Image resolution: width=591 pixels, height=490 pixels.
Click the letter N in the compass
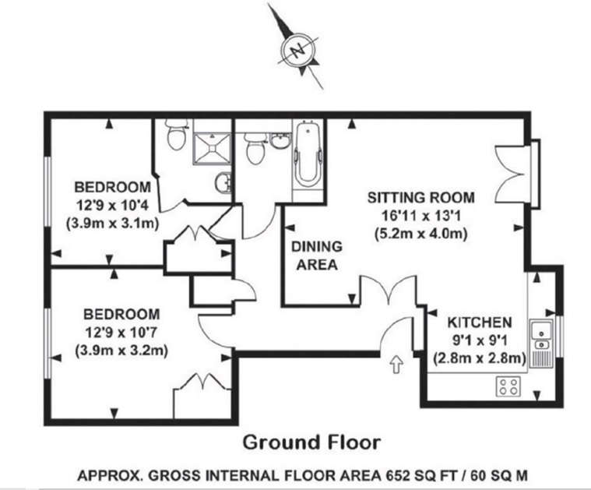(x=298, y=50)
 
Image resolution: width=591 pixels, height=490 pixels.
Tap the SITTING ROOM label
(x=421, y=198)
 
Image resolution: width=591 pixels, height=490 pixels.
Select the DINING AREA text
(x=317, y=256)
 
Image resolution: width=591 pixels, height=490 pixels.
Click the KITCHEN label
(x=480, y=323)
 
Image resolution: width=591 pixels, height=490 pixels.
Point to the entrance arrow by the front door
(x=396, y=365)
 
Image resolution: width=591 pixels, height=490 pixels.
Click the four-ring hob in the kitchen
(x=508, y=386)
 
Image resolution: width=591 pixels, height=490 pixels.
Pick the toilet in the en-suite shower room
(x=177, y=135)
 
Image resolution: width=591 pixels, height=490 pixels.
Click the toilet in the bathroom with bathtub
(x=255, y=149)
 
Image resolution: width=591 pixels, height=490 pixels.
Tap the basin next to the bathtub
(x=279, y=141)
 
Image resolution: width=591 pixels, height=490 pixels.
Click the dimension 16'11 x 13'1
(x=421, y=216)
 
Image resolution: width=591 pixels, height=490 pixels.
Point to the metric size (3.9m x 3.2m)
(x=121, y=351)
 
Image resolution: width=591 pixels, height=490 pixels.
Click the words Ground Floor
(x=311, y=442)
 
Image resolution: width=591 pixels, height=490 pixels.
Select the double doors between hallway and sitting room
(x=389, y=291)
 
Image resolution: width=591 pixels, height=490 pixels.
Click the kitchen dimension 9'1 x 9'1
(x=480, y=340)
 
